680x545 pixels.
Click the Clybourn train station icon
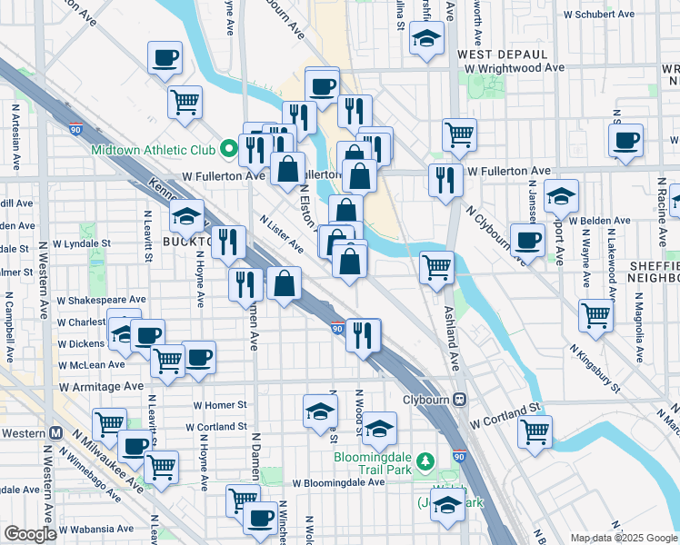[460, 399]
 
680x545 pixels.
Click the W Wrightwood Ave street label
[514, 68]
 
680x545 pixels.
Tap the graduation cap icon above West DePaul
[425, 39]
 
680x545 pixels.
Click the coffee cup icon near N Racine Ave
[625, 141]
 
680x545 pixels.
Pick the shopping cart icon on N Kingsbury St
[596, 314]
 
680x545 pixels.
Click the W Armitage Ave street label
[102, 386]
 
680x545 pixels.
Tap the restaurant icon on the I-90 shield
[362, 334]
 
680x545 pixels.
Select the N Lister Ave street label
[280, 233]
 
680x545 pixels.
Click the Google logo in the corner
[30, 534]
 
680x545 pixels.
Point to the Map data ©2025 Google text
[623, 538]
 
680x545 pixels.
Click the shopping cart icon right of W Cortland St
[535, 431]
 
